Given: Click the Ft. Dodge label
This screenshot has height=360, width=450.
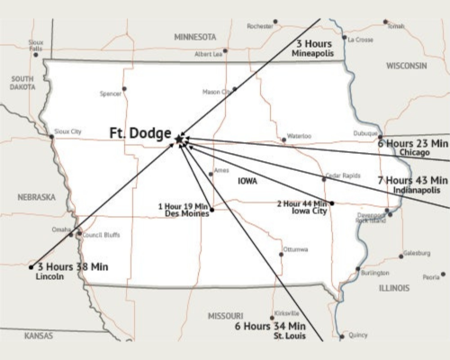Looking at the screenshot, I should (140, 133).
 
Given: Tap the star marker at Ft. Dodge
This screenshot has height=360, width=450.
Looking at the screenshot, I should (180, 139).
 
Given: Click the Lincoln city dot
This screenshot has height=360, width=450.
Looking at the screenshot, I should (31, 267).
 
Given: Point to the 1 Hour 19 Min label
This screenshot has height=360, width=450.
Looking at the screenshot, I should (184, 207).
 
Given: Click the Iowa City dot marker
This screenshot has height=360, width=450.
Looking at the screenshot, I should (332, 203).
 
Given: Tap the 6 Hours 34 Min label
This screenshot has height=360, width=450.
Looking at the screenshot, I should (270, 325).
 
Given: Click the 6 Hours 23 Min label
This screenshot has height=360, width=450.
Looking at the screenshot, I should (412, 142).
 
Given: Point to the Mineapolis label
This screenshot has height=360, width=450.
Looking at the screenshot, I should (314, 55).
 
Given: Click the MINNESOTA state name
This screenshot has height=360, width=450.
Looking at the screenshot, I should (195, 37).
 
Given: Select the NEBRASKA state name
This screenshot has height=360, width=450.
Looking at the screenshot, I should (37, 196).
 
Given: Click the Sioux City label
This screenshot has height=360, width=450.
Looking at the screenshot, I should (67, 131).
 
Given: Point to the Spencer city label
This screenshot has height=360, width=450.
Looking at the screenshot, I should (111, 92).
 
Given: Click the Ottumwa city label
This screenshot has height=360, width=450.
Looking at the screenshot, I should (295, 248).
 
